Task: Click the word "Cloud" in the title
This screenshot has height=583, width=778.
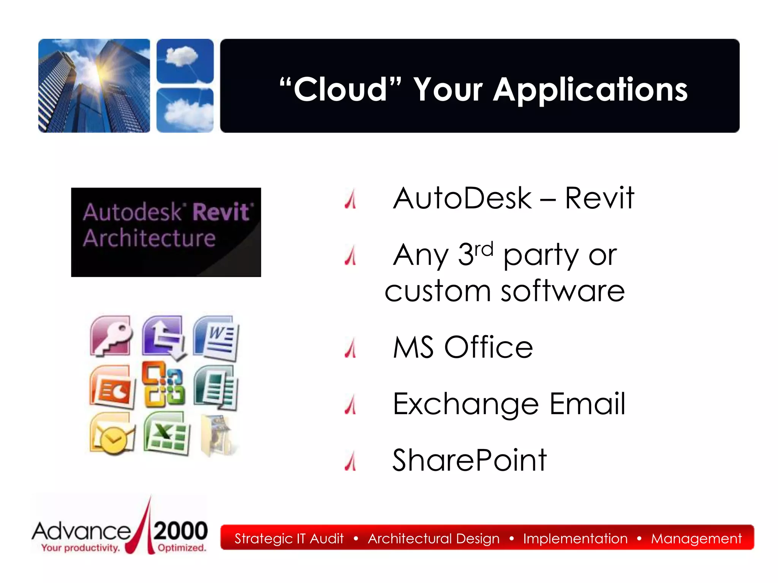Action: click(x=340, y=90)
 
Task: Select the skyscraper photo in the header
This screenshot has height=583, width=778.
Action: click(x=94, y=86)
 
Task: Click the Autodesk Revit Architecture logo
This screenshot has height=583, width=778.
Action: click(x=166, y=232)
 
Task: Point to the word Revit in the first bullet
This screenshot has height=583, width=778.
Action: click(x=599, y=198)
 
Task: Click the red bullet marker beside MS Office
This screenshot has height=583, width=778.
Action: click(x=351, y=348)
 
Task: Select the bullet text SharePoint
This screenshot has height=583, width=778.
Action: click(x=469, y=460)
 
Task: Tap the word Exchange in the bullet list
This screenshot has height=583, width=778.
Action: click(x=465, y=405)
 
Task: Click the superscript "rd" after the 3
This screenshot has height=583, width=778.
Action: click(x=484, y=250)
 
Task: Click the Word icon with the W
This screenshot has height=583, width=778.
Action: click(x=216, y=337)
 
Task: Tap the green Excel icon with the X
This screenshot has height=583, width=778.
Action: click(x=166, y=433)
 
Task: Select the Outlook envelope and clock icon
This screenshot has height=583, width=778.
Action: click(x=112, y=434)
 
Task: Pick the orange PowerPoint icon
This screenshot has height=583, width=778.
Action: click(x=112, y=387)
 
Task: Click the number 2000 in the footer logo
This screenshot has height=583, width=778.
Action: click(x=181, y=531)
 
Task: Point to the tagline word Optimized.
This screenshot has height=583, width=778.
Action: click(x=182, y=548)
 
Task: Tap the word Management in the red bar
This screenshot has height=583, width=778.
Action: click(x=696, y=539)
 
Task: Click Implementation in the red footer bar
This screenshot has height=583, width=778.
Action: click(x=575, y=539)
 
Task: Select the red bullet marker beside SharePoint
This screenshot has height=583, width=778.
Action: click(x=351, y=461)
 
